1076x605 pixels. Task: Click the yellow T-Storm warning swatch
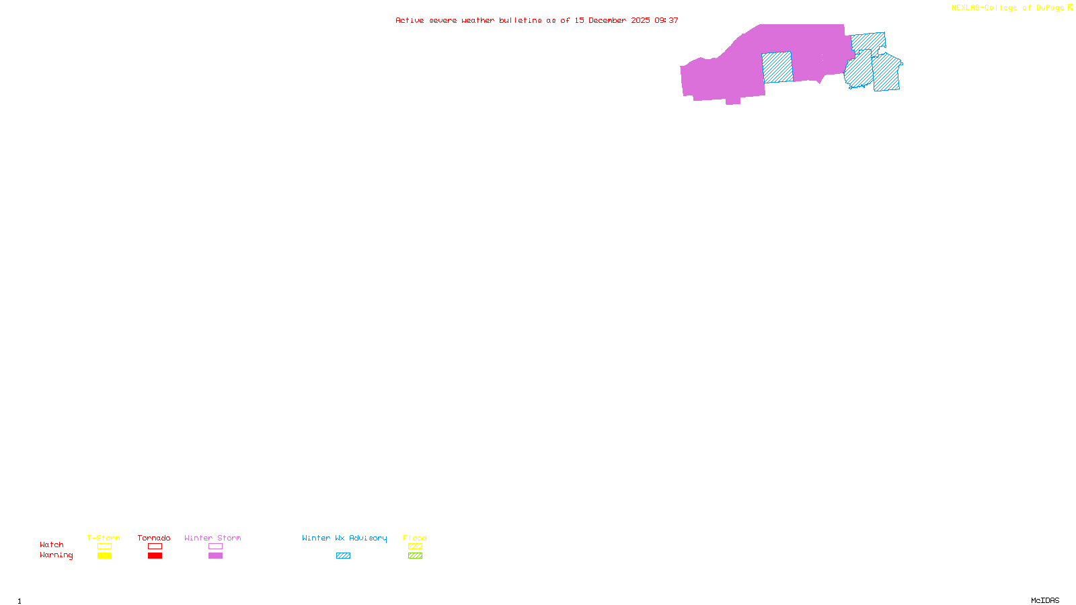(104, 556)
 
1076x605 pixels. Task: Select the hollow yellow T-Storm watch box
(104, 547)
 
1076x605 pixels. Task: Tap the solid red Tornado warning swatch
(155, 556)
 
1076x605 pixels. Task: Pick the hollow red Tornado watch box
(155, 547)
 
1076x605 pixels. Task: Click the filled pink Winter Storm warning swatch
(215, 556)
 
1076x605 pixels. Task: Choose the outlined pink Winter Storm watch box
(215, 547)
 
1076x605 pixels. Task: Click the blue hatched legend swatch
(343, 556)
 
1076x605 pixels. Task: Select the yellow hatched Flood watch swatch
(415, 547)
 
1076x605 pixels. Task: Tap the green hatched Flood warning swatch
(415, 556)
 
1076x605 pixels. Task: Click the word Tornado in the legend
(154, 538)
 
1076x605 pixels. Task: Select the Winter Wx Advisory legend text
(344, 538)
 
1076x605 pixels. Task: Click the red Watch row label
(52, 545)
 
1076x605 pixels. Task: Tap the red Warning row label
(56, 555)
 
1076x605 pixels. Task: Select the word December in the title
(607, 21)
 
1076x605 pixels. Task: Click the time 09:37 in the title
(666, 21)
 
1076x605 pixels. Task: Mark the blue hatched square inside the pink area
(777, 67)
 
